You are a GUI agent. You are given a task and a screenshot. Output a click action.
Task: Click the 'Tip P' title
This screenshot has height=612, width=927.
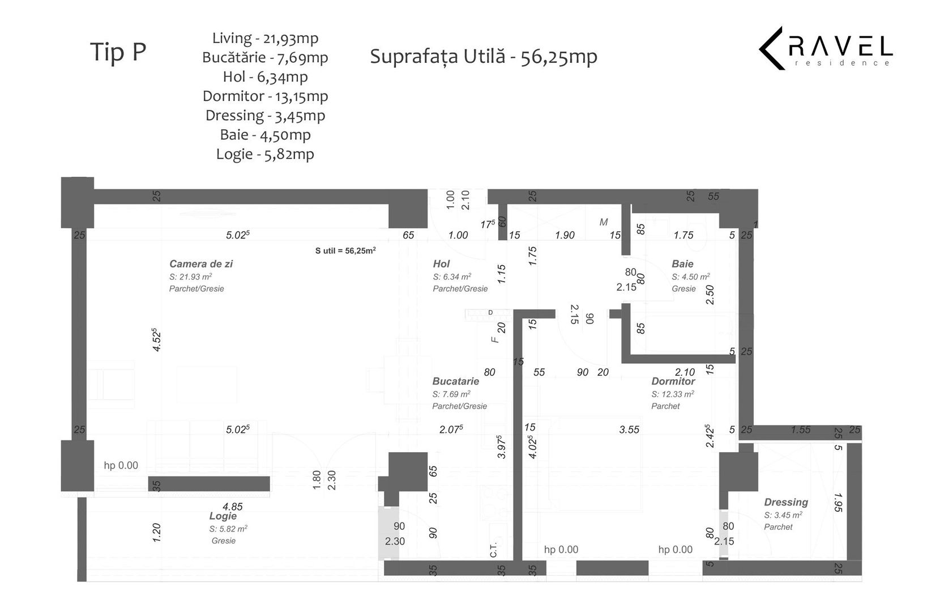point(118,52)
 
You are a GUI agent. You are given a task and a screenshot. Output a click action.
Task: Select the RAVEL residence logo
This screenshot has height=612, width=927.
point(826,48)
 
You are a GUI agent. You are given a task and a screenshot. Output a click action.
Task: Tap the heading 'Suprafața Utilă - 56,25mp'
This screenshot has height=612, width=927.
point(484,57)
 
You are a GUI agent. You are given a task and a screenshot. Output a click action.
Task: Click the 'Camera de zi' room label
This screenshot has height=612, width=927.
point(200,263)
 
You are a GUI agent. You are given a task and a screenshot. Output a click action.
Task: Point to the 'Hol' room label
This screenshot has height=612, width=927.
point(441,263)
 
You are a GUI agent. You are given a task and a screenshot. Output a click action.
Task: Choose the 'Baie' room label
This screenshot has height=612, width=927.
point(682,263)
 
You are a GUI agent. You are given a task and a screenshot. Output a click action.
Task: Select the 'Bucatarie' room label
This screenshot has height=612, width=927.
point(456,381)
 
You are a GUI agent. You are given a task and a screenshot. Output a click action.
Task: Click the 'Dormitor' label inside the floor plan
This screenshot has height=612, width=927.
point(673,381)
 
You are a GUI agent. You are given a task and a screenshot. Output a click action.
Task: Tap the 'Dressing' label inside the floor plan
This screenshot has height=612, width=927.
point(786,502)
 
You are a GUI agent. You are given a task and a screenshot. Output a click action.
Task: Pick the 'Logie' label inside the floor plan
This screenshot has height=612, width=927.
point(223,516)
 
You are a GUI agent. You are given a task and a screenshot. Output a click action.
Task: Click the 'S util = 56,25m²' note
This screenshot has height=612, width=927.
point(345,250)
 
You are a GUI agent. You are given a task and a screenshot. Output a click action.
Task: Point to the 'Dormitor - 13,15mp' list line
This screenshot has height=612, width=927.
point(265,96)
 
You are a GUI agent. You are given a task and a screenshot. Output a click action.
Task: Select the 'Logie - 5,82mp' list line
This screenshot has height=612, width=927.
point(265,154)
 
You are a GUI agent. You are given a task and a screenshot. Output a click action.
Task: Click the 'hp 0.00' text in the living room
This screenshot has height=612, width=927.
point(121,465)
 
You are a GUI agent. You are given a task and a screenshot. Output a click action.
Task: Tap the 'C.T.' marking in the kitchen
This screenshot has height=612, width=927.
point(493,550)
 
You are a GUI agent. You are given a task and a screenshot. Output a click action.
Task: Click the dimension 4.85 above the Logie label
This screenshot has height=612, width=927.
point(233,507)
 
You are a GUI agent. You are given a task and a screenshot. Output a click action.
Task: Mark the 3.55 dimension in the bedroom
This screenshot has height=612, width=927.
point(629,430)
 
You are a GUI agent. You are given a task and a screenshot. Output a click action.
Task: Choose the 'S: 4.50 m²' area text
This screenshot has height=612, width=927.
point(691,277)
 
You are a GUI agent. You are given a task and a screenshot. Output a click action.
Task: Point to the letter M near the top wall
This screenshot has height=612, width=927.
point(604,222)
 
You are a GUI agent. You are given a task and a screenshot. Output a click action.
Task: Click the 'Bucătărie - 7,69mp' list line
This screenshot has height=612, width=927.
point(265,58)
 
